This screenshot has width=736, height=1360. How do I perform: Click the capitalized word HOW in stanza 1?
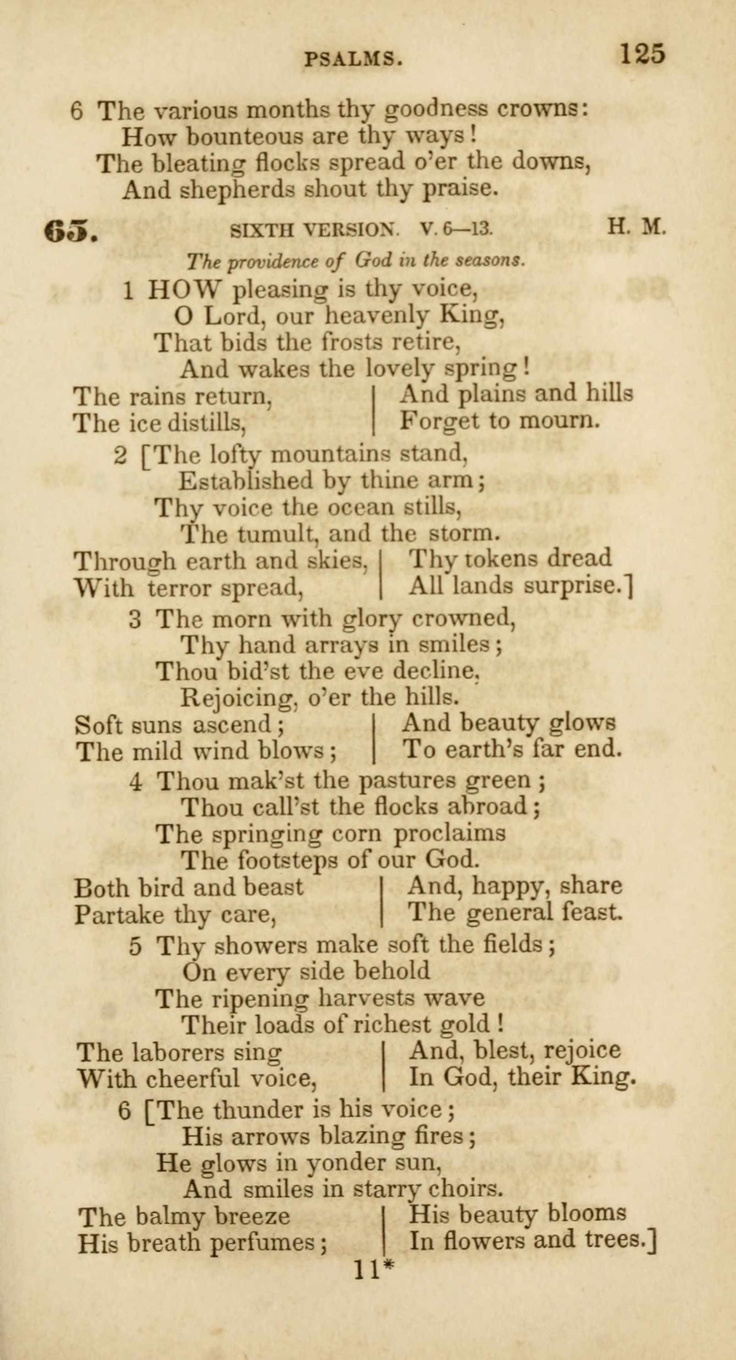pyautogui.click(x=183, y=289)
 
